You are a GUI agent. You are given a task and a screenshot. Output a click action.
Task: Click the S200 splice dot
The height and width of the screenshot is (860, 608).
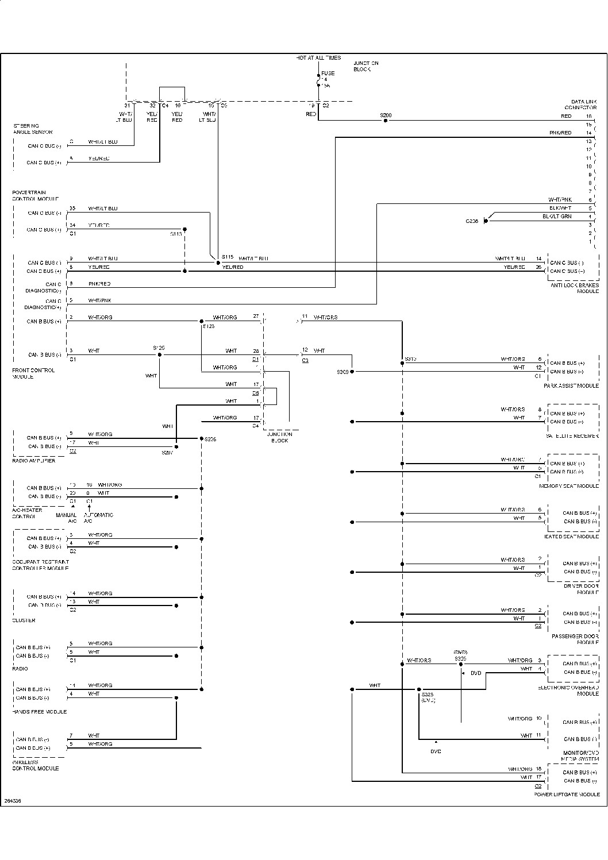pyautogui.click(x=386, y=121)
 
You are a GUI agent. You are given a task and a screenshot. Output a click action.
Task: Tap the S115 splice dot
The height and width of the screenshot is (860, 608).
pyautogui.click(x=218, y=263)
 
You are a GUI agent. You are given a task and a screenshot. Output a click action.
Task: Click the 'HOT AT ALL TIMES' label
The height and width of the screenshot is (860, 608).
pyautogui.click(x=318, y=58)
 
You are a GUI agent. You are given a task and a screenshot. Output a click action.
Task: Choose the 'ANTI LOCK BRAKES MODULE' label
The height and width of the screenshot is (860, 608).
pyautogui.click(x=574, y=288)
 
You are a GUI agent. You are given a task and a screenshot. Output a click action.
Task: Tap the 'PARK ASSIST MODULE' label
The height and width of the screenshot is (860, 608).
pyautogui.click(x=571, y=386)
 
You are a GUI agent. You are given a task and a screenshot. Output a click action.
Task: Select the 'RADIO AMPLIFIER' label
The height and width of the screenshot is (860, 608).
pyautogui.click(x=34, y=461)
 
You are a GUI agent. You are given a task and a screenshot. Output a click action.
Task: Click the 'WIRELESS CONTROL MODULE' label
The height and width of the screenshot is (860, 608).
pyautogui.click(x=36, y=765)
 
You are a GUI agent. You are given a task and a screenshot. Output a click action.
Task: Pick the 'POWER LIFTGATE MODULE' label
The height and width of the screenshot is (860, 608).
pyautogui.click(x=567, y=795)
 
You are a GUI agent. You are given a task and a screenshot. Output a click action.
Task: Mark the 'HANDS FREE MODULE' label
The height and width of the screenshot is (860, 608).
pyautogui.click(x=39, y=712)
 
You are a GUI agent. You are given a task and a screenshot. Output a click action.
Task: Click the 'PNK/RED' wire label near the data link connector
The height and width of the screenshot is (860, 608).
pyautogui.click(x=560, y=133)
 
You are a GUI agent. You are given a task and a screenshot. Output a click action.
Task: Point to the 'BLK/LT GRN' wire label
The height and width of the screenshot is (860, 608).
pyautogui.click(x=557, y=216)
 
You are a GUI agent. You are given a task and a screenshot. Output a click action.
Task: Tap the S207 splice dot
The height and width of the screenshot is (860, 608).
pyautogui.click(x=176, y=446)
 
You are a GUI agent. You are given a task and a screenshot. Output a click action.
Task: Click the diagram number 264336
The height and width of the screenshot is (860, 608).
pyautogui.click(x=12, y=800)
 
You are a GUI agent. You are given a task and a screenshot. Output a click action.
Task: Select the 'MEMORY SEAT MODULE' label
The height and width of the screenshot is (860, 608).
pyautogui.click(x=569, y=486)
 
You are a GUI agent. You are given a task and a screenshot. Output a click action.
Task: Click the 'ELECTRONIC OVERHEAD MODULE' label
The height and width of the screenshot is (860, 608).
pyautogui.click(x=568, y=691)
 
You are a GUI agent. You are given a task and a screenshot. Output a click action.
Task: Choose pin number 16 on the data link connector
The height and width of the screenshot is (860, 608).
pyautogui.click(x=588, y=116)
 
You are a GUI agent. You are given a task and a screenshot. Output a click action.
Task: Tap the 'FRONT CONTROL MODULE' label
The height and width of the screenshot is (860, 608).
pyautogui.click(x=33, y=373)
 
